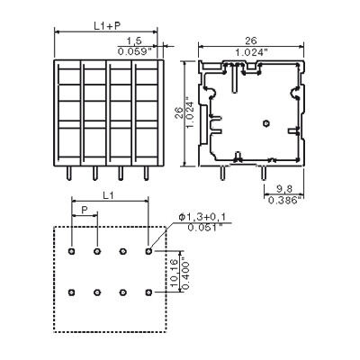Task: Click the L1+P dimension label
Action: tap(107, 26)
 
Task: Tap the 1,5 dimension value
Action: tap(134, 41)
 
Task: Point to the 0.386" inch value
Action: tap(285, 200)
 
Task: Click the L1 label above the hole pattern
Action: tap(108, 196)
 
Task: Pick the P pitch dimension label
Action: tap(85, 210)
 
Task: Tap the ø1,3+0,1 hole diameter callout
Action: tap(202, 217)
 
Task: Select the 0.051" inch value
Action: tap(207, 228)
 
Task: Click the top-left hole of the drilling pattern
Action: tap(71, 251)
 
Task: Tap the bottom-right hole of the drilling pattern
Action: tap(148, 292)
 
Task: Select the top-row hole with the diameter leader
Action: tap(148, 251)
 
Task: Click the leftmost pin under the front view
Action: tap(69, 173)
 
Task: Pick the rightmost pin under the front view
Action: tap(146, 173)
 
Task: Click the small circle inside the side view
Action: tap(265, 123)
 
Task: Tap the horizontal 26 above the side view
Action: tap(251, 41)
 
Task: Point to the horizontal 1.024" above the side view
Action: tap(251, 52)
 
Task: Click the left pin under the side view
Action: tap(222, 173)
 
